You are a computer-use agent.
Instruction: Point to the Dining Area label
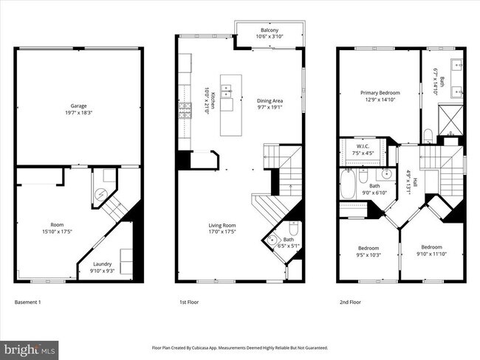click(269, 101)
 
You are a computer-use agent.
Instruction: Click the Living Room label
click(222, 226)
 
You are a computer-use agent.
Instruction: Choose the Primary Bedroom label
click(379, 93)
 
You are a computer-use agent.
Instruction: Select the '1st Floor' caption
click(190, 302)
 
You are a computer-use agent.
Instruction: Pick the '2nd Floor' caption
click(351, 302)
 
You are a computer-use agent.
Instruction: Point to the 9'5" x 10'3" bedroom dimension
click(368, 255)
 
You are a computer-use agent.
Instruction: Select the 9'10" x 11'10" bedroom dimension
click(431, 255)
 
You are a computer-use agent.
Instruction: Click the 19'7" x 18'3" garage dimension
click(80, 112)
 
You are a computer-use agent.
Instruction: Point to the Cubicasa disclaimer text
click(239, 347)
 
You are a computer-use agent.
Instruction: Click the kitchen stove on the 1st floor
click(184, 114)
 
